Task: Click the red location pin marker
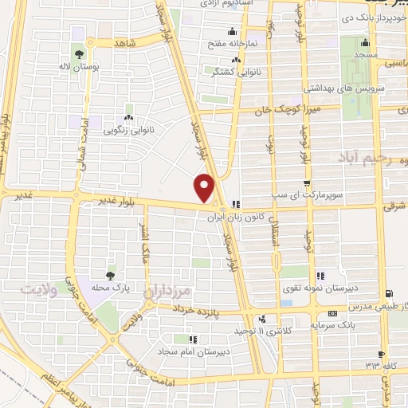pos(205,186)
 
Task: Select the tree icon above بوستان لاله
pos(79,54)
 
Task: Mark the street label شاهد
pos(127,41)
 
